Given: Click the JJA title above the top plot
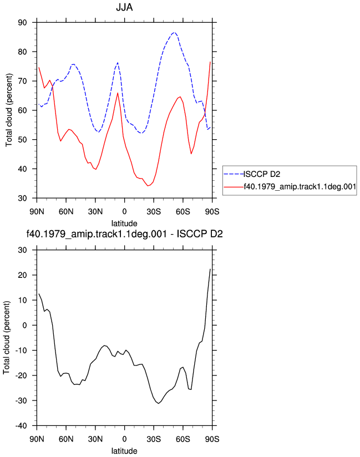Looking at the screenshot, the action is pos(124,7).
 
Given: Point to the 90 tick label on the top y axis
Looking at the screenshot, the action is pos(22,22).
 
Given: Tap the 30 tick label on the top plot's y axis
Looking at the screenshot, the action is pos(22,198).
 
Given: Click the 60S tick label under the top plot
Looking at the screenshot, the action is pos(182,212).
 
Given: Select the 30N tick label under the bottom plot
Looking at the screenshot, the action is pos(95,439).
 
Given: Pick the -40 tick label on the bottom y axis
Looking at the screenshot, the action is pos(21,425).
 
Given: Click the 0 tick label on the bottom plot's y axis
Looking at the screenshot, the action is pos(24,325).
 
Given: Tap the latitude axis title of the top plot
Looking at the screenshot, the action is pos(124,224).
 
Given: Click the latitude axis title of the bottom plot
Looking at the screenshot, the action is pos(124,451).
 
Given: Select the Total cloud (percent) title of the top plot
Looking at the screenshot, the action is pos(9,110).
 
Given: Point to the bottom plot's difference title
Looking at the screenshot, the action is pos(124,233).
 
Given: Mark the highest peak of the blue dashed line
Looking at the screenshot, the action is pos(174,32).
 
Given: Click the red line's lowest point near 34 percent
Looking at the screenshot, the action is pos(148,186).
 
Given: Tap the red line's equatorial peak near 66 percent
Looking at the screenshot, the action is pos(118,93).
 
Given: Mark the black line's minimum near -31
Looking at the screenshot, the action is pos(158,403).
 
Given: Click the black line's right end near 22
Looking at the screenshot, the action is pos(210,269).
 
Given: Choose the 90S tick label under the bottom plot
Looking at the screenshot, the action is pos(212,439).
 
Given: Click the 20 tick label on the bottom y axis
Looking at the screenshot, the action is pos(22,275).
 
